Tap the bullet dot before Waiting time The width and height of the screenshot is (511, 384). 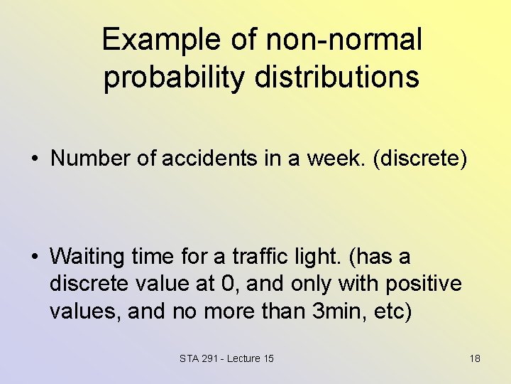tap(34, 256)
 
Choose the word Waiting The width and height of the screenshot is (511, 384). tap(84, 255)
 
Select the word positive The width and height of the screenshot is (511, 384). tap(424, 284)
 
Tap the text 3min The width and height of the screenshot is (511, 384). tap(340, 312)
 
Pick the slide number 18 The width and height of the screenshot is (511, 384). tap(475, 358)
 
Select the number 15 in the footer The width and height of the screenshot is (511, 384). tap(268, 358)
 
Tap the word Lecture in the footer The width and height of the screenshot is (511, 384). tap(240, 358)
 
